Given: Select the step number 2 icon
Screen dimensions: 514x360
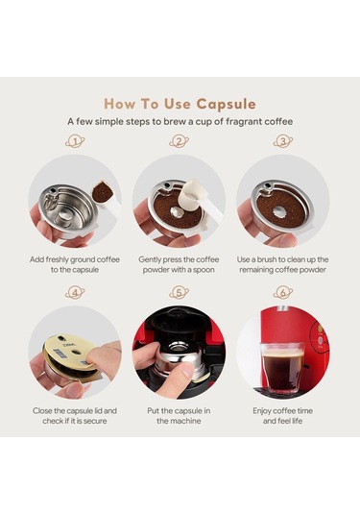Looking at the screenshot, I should point(180,141).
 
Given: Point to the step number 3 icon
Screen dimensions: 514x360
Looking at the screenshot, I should point(283,141).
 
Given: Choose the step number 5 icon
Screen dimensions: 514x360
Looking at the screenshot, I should point(180,291).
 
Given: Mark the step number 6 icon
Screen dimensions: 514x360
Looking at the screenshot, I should point(283,291).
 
